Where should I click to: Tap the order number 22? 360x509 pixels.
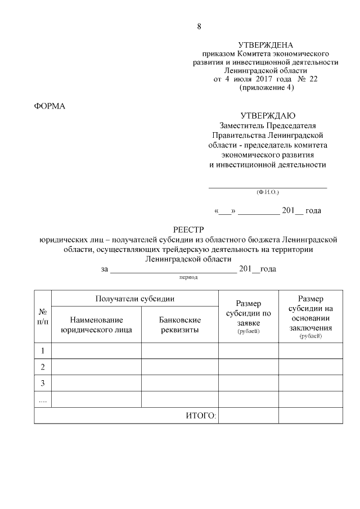(x=313, y=79)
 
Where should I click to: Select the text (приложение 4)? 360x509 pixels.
(x=266, y=88)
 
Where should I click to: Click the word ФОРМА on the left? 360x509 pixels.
(x=50, y=106)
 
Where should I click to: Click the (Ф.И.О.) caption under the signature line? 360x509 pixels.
(x=267, y=192)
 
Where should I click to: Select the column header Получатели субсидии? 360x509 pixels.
(x=134, y=299)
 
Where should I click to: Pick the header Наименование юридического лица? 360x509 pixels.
(x=96, y=325)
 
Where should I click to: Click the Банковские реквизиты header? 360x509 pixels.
(x=179, y=325)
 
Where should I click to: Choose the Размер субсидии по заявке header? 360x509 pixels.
(x=248, y=317)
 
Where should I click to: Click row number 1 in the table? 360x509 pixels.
(x=43, y=351)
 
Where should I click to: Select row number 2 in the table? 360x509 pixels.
(x=43, y=367)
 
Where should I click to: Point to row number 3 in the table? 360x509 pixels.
(x=43, y=383)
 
